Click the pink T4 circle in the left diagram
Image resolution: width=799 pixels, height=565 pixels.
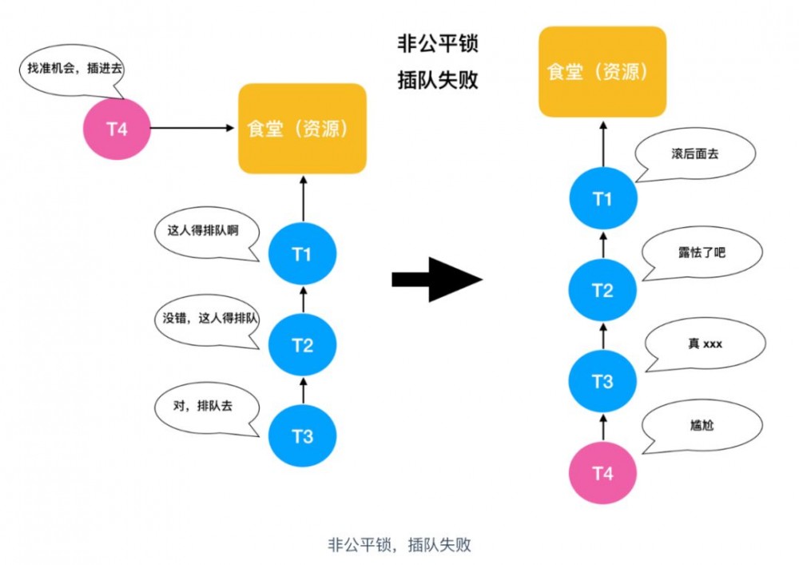tap(117, 128)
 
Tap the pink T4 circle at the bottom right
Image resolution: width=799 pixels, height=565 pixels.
tap(602, 472)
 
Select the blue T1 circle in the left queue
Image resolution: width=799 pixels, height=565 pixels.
tap(302, 254)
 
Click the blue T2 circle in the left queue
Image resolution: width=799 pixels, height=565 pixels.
tap(302, 345)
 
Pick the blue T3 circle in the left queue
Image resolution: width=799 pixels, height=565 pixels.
tap(302, 436)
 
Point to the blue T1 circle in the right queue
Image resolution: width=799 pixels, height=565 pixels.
tap(602, 198)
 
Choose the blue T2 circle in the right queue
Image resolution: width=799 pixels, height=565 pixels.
tap(602, 289)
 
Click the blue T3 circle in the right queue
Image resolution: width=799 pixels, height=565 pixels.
tap(602, 381)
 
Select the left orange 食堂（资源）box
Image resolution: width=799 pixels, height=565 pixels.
tap(302, 129)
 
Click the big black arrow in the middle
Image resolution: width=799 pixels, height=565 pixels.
tap(437, 279)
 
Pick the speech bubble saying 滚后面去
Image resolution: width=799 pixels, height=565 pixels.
tap(695, 153)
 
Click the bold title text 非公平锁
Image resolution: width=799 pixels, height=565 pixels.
tap(437, 43)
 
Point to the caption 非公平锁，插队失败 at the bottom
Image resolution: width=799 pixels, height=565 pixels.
tap(399, 545)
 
